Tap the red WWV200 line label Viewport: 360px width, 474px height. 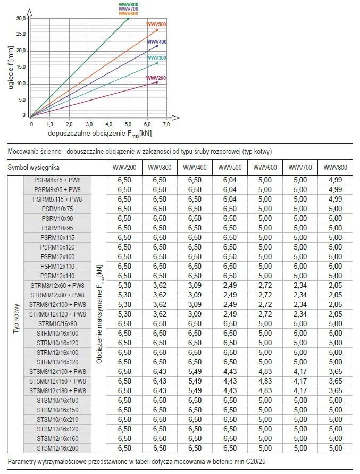click(x=156, y=78)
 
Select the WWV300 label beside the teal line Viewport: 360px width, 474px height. click(x=156, y=57)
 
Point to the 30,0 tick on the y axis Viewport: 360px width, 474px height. click(x=21, y=18)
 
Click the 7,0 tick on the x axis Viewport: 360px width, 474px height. click(x=166, y=123)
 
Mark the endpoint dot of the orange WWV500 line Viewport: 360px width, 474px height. click(x=157, y=30)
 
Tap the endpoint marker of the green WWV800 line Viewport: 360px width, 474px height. click(x=128, y=18)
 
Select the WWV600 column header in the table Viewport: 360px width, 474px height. click(x=265, y=168)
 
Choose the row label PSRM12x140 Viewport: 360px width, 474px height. click(x=57, y=276)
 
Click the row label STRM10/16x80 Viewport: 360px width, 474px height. click(x=57, y=323)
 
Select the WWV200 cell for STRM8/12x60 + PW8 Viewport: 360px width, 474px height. click(x=124, y=285)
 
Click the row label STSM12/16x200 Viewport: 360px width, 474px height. click(x=57, y=448)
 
